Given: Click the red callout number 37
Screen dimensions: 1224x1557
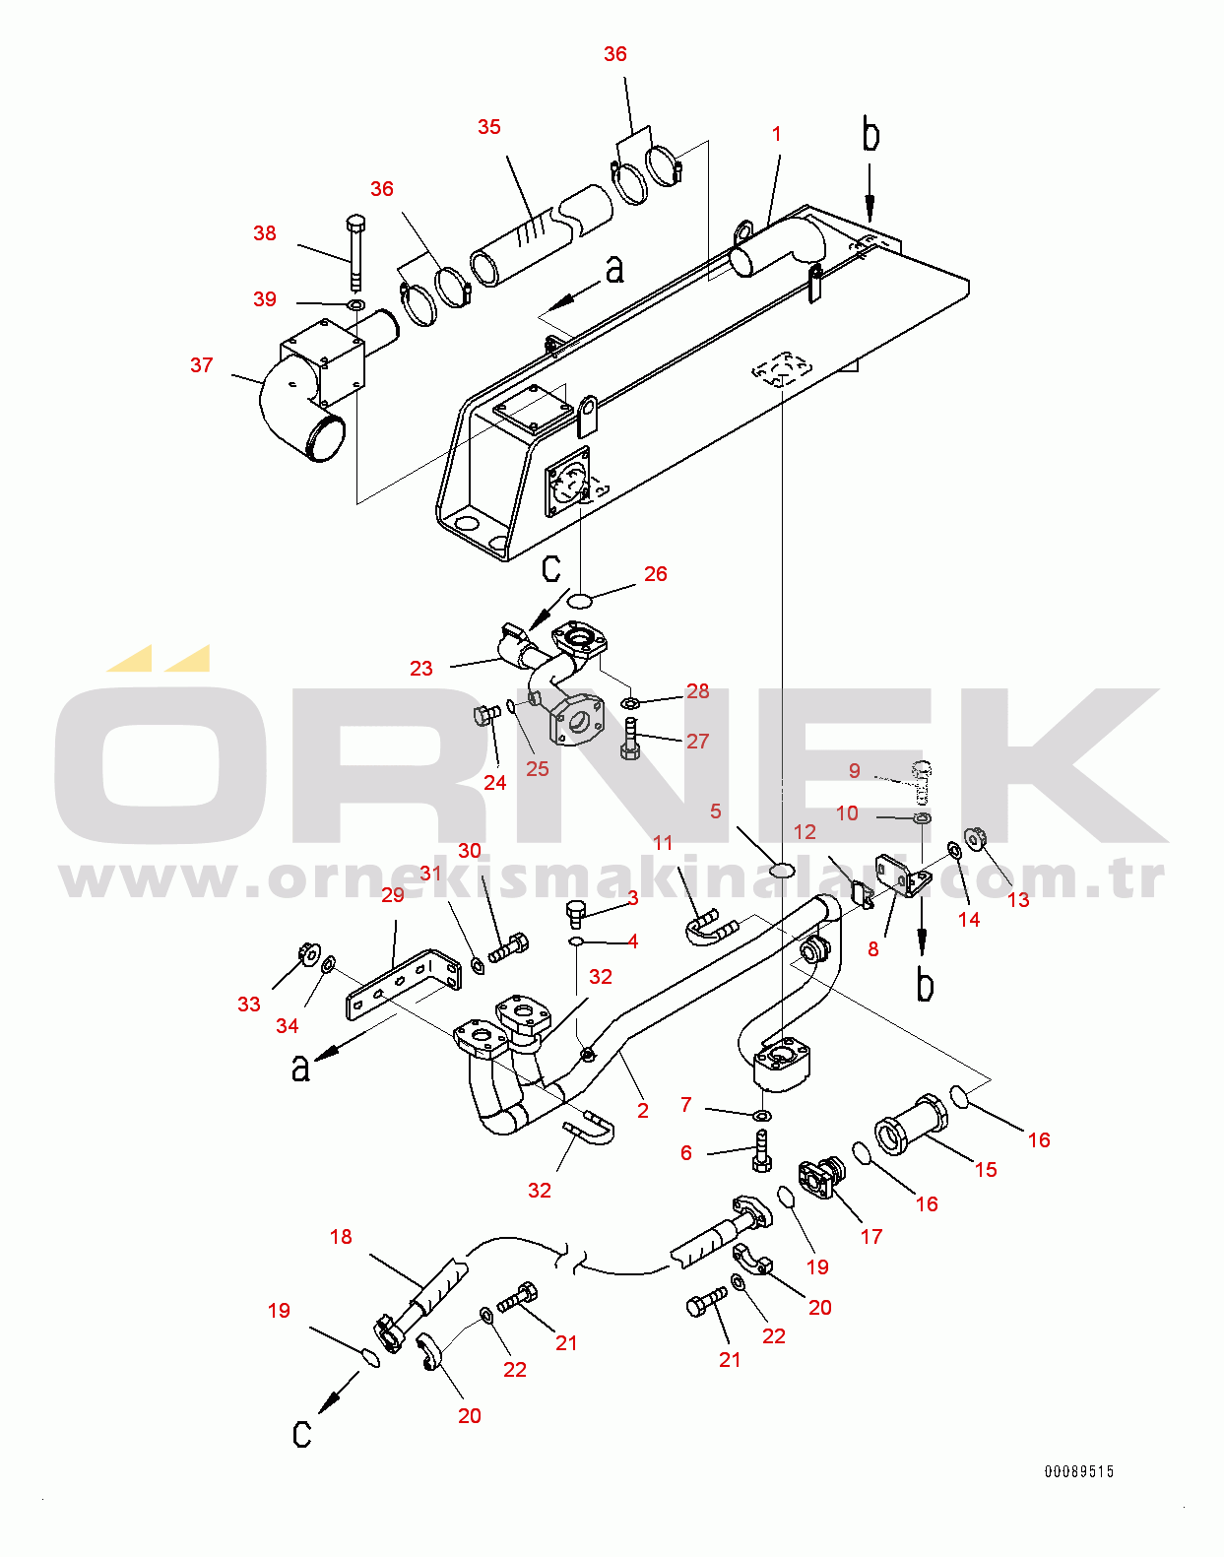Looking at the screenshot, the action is tap(201, 365).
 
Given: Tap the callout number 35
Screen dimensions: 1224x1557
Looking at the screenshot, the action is tap(489, 127).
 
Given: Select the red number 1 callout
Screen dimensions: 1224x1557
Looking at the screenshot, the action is tap(776, 134).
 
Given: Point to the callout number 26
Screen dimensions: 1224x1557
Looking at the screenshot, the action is tap(656, 574).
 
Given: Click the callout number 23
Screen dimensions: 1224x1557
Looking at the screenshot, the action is tap(421, 669).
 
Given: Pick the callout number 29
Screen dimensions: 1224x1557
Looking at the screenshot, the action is tap(393, 896).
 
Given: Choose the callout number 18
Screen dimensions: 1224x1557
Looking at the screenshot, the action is tap(341, 1237).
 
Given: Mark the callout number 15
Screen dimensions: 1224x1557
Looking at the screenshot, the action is tap(986, 1170).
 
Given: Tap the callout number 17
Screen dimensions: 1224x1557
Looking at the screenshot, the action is tap(871, 1237).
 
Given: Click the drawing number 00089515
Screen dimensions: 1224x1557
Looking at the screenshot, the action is tap(1079, 1471).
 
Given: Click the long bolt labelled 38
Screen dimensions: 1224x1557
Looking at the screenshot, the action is tap(355, 252).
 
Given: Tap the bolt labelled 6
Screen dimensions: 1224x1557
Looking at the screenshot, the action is tap(762, 1151).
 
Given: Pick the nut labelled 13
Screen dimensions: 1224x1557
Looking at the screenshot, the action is tap(976, 839).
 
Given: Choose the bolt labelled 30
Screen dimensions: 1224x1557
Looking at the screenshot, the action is tap(509, 947).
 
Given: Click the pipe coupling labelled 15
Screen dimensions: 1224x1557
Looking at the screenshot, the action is tap(912, 1125).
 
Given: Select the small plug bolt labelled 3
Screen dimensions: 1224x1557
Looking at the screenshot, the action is tap(577, 915).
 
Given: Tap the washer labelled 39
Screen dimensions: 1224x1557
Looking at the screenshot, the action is tap(355, 304).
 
